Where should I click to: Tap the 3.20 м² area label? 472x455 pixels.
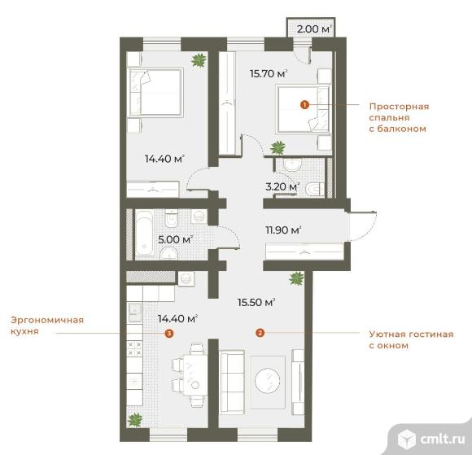point(282,186)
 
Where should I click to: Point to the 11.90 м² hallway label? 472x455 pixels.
point(282,230)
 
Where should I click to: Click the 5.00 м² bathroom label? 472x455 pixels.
point(175,239)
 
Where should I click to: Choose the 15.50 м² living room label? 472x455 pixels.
point(256,302)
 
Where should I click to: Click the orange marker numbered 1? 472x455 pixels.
point(304,104)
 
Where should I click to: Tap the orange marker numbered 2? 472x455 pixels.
point(260,332)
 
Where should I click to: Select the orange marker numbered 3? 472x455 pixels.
point(168,333)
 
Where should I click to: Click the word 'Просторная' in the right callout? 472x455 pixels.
point(398,106)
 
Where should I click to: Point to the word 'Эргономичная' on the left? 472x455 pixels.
point(47,321)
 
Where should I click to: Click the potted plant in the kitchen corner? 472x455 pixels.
point(133,419)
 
